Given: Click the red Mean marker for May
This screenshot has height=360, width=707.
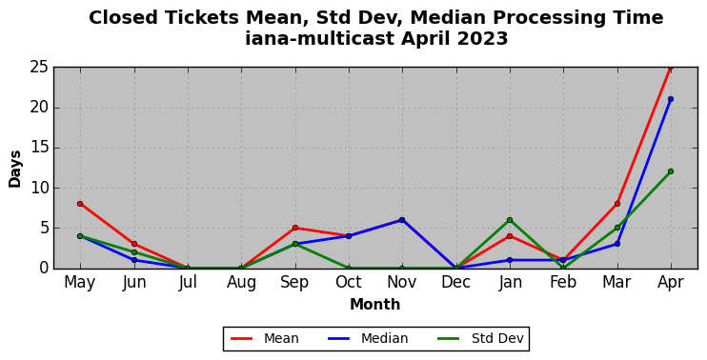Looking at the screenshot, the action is pyautogui.click(x=80, y=204).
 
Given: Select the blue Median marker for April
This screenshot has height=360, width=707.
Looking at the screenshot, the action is pyautogui.click(x=671, y=99).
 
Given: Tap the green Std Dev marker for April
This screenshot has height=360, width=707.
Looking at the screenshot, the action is pyautogui.click(x=671, y=171).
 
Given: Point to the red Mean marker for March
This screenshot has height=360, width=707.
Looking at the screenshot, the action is pyautogui.click(x=616, y=204).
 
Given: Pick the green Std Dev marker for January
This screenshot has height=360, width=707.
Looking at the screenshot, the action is pyautogui.click(x=510, y=220).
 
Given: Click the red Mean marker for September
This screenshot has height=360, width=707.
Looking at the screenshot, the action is pyautogui.click(x=294, y=228).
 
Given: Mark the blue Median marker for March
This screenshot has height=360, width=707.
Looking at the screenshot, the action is pyautogui.click(x=616, y=244).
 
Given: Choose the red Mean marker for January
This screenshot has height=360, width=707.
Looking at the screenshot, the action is pyautogui.click(x=510, y=235).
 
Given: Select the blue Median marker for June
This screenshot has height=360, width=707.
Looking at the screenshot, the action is pyautogui.click(x=134, y=260).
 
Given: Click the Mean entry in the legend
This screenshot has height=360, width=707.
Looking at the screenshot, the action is pyautogui.click(x=265, y=338).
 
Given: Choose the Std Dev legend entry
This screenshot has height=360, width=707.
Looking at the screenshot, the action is pyautogui.click(x=480, y=338).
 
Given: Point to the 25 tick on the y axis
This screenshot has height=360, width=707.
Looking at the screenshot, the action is pyautogui.click(x=38, y=67).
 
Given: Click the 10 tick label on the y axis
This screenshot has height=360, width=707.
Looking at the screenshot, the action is pyautogui.click(x=38, y=188).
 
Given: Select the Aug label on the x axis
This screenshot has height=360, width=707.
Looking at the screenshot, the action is pyautogui.click(x=241, y=283).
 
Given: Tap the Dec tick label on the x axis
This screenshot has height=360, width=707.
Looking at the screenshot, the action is pyautogui.click(x=455, y=283).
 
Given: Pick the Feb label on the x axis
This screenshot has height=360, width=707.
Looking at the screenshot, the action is pyautogui.click(x=563, y=283).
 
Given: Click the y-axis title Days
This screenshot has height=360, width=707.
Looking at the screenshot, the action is pyautogui.click(x=15, y=169).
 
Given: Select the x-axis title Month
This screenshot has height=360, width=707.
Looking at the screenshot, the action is pyautogui.click(x=375, y=305).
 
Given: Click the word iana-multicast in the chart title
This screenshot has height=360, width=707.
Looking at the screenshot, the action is pyautogui.click(x=320, y=38).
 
